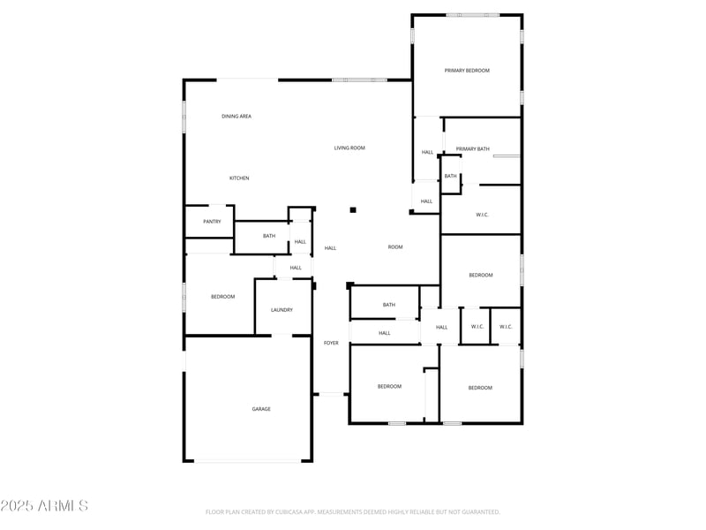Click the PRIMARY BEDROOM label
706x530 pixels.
tap(467, 71)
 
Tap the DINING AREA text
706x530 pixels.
tap(237, 117)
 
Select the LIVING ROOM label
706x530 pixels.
tap(349, 148)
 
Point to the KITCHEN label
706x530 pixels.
tap(239, 178)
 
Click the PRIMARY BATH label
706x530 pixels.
tap(473, 149)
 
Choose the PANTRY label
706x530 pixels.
tap(212, 222)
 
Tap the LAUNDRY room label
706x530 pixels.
tap(282, 310)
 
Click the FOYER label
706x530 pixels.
tap(331, 343)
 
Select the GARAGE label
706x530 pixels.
tap(261, 409)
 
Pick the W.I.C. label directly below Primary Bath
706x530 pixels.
tap(483, 215)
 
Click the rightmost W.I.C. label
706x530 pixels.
tap(506, 327)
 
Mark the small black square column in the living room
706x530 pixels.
tap(353, 210)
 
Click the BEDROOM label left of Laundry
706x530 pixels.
tap(223, 297)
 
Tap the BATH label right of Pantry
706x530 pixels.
tap(269, 236)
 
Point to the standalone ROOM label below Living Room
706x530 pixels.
tap(395, 247)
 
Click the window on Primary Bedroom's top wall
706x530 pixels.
tap(472, 15)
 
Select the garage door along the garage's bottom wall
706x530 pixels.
tap(248, 460)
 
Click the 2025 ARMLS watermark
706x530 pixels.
tap(44, 506)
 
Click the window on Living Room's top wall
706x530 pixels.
tap(359, 80)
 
